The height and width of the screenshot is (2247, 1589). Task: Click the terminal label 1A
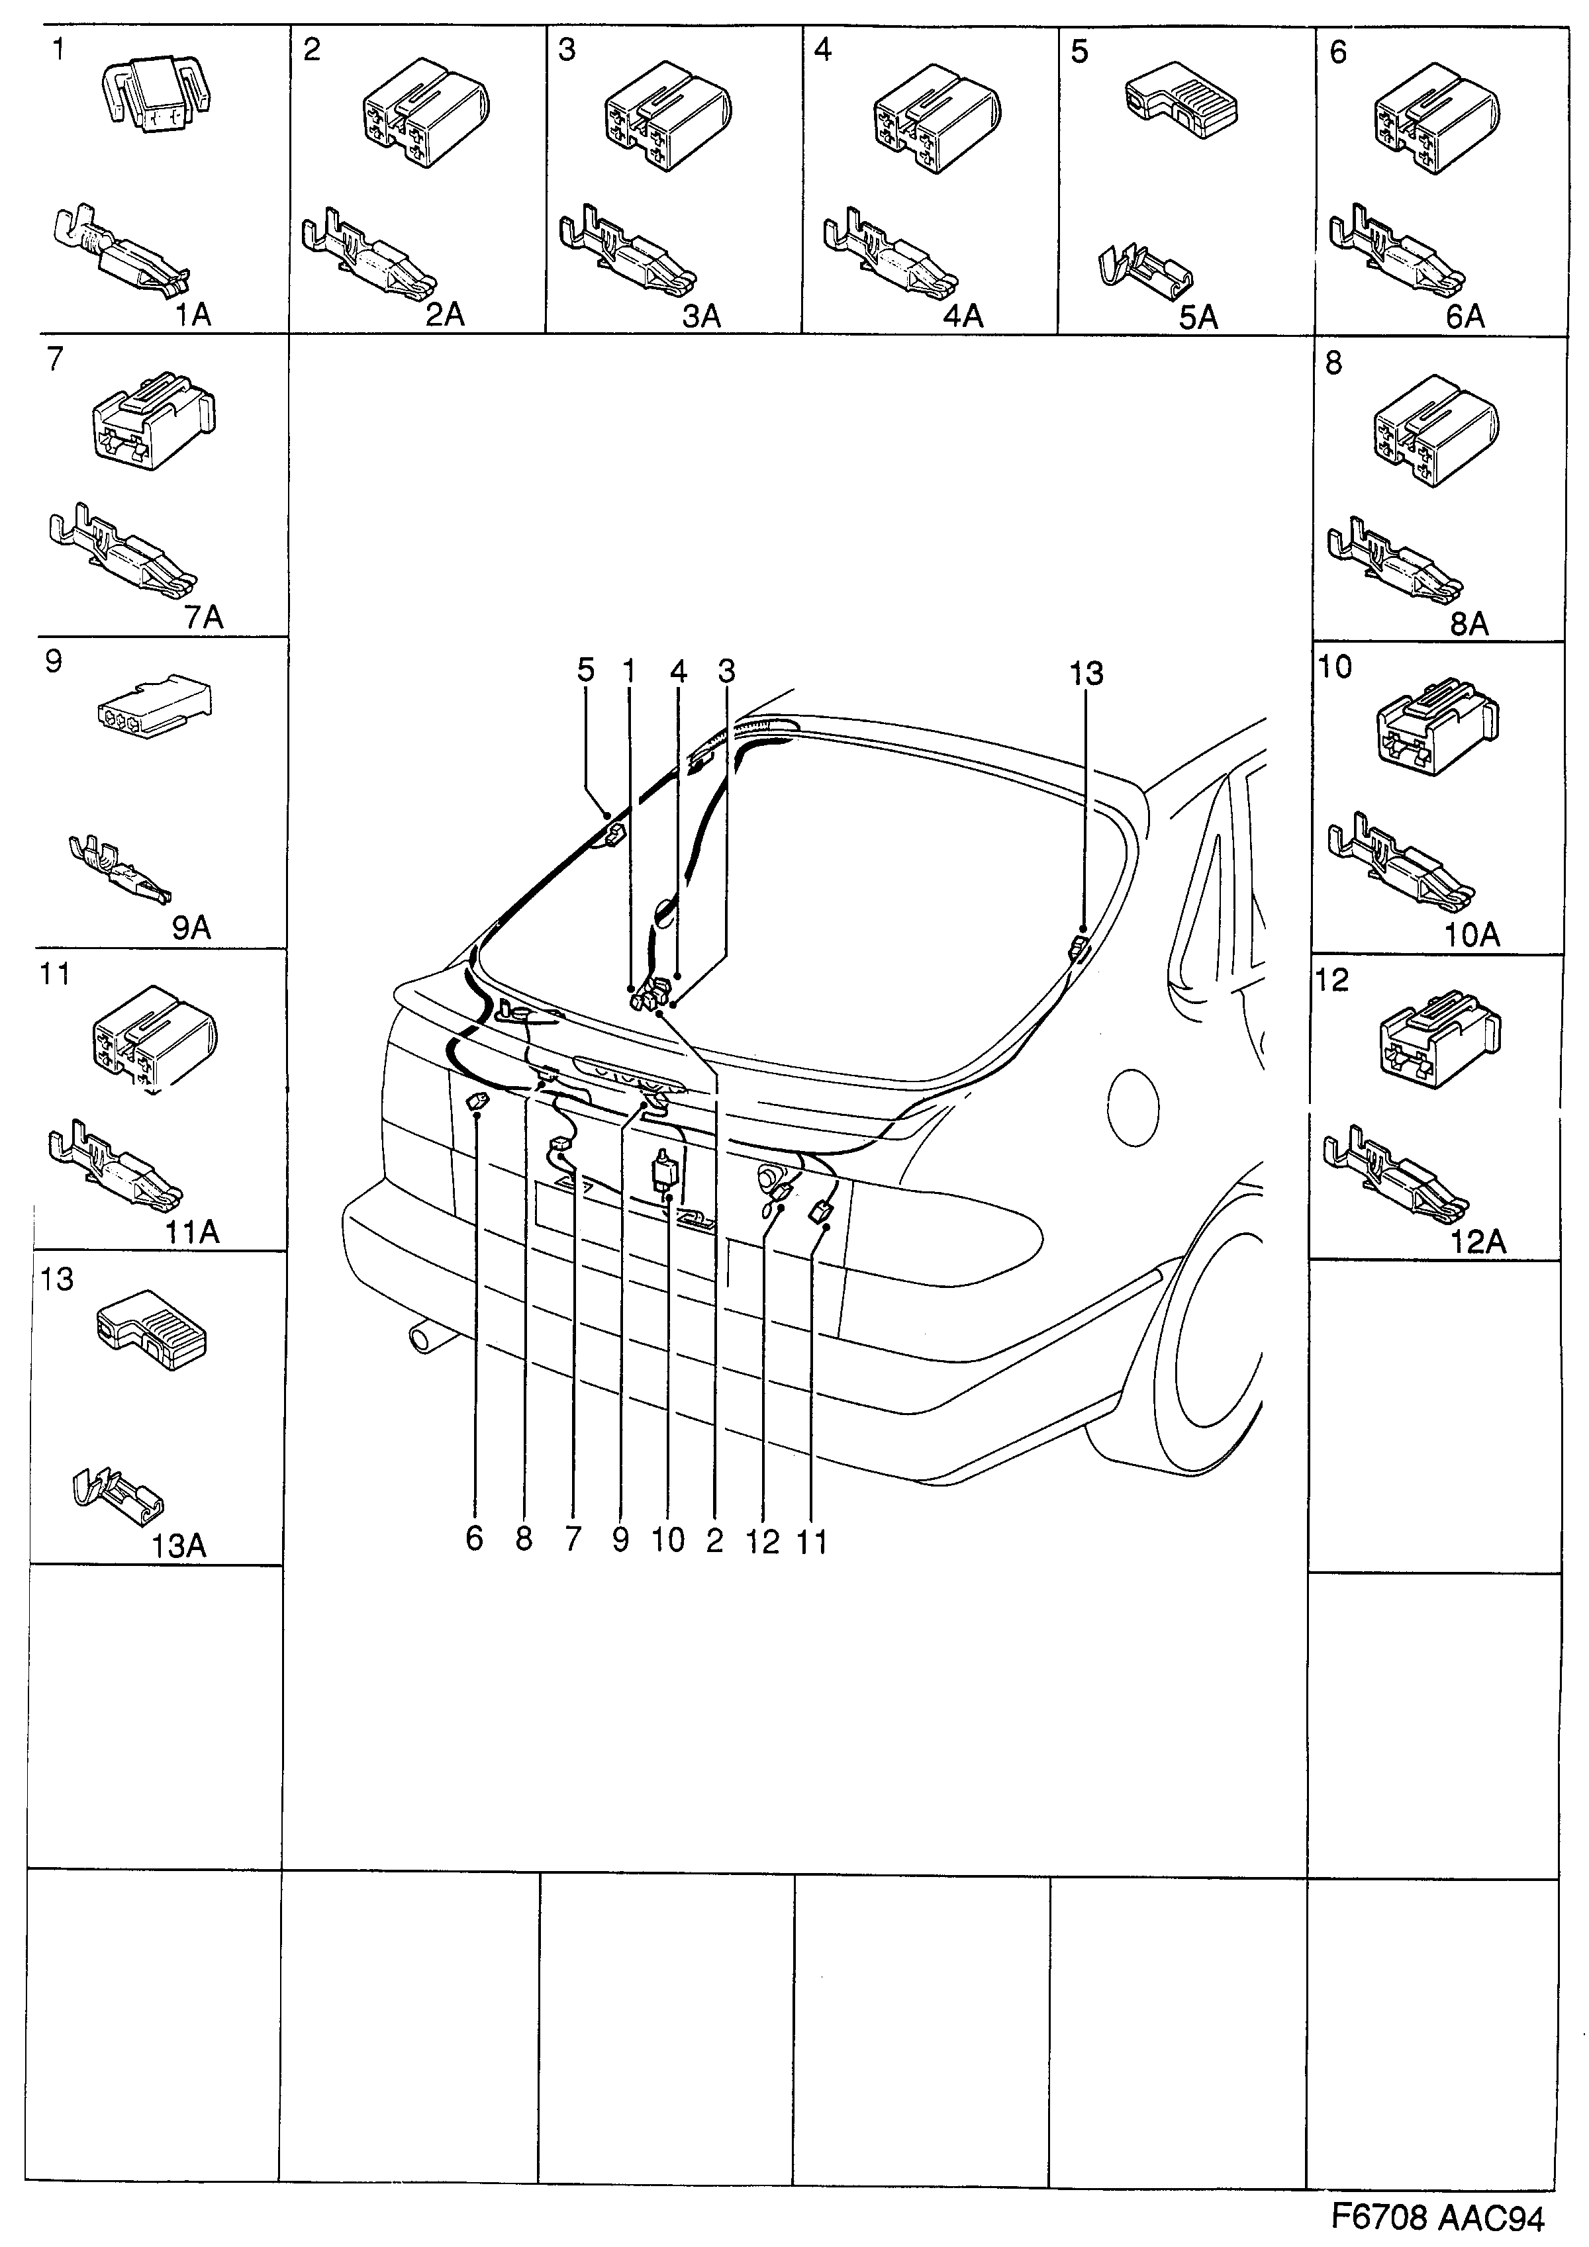[x=193, y=314]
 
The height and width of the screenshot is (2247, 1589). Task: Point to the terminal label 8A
[x=1469, y=624]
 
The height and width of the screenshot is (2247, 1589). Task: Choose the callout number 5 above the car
[x=585, y=670]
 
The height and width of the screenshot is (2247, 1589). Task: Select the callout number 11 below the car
[x=812, y=1542]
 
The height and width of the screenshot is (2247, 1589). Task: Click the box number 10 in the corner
[x=1335, y=667]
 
